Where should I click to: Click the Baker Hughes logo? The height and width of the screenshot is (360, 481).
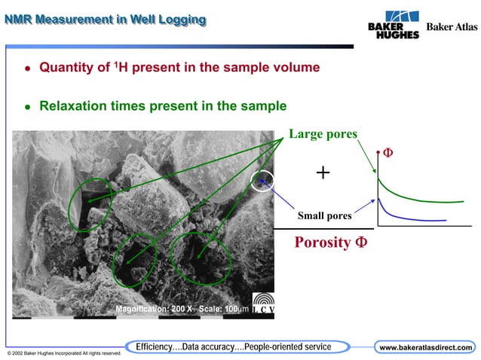393,25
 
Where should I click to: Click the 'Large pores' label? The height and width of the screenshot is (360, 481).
323,135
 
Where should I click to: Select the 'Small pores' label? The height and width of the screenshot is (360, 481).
324,216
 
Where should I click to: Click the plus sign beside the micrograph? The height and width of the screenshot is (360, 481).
323,173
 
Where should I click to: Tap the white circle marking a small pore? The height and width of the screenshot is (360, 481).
262,181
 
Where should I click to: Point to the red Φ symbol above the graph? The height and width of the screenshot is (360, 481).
388,153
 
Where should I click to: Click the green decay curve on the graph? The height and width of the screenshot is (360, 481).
422,200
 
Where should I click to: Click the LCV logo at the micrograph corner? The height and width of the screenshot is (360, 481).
262,304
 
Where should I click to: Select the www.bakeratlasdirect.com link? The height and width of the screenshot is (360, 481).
426,347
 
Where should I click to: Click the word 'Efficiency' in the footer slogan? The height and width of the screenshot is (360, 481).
158,346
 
